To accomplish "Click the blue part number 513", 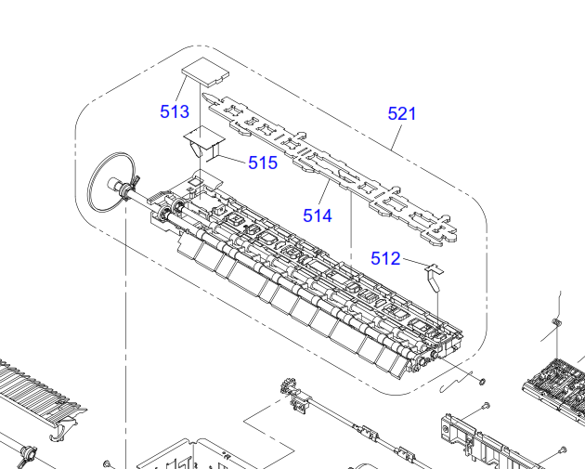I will pos(175,111).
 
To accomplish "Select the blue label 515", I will pos(263,163).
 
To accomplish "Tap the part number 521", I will pos(402,114).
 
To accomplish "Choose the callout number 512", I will pos(385,258).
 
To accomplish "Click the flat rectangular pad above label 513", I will pos(202,71).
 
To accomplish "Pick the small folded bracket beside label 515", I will pos(204,144).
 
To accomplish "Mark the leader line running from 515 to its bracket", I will pos(235,160).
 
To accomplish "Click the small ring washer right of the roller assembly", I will pos(482,380).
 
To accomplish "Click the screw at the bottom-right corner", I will pos(563,451).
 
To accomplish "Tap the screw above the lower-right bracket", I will pos(486,406).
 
